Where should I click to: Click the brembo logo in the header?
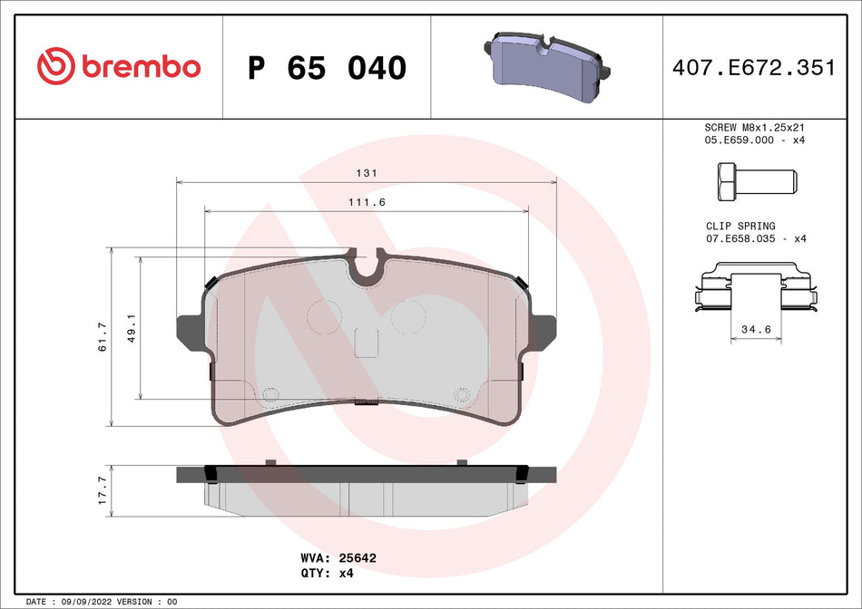tap(119, 65)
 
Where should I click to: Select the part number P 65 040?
tap(327, 67)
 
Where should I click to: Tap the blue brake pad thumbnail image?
tap(548, 61)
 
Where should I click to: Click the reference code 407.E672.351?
tap(753, 67)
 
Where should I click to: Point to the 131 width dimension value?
tap(367, 172)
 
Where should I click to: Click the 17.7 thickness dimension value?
tap(103, 489)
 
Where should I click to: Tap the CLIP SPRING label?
tap(740, 226)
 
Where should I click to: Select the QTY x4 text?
tap(327, 574)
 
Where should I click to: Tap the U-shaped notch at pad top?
tap(367, 265)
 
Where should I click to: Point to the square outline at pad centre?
tap(366, 343)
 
